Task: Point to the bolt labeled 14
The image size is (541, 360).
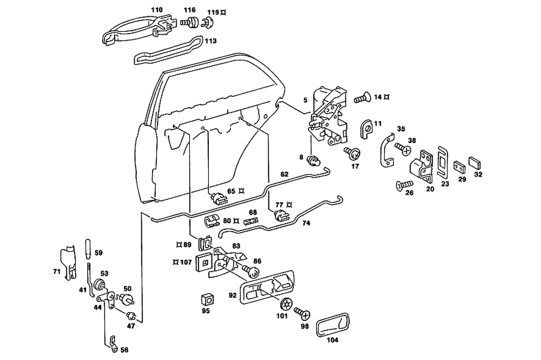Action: tap(362, 99)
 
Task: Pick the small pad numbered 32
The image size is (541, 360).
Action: tap(477, 162)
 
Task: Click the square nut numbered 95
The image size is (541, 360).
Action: tap(206, 299)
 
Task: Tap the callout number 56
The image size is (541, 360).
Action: tap(124, 350)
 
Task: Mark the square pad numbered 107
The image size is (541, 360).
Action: tap(203, 261)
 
